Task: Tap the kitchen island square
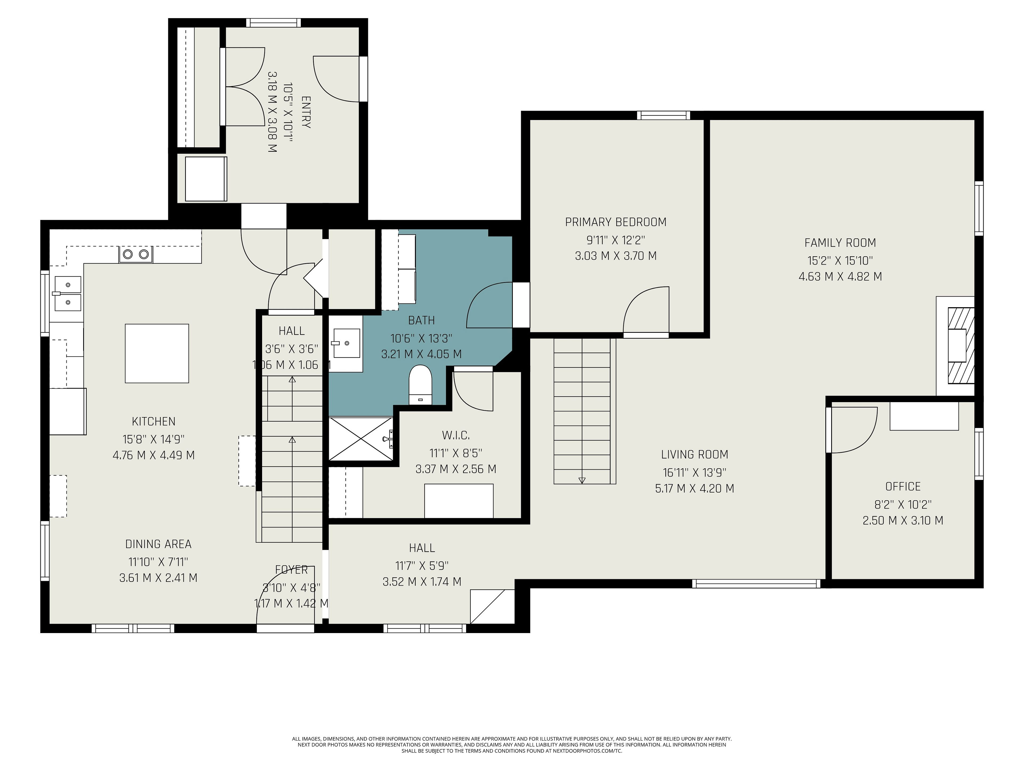157,353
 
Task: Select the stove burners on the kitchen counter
136,254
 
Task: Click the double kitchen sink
67,294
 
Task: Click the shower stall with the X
361,438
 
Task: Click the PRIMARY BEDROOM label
616,222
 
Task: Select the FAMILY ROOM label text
840,243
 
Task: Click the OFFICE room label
903,487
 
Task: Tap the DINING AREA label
158,544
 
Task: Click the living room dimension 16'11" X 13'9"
694,473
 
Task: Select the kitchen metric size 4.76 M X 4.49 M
154,455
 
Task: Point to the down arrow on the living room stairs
582,480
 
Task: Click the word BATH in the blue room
421,320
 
